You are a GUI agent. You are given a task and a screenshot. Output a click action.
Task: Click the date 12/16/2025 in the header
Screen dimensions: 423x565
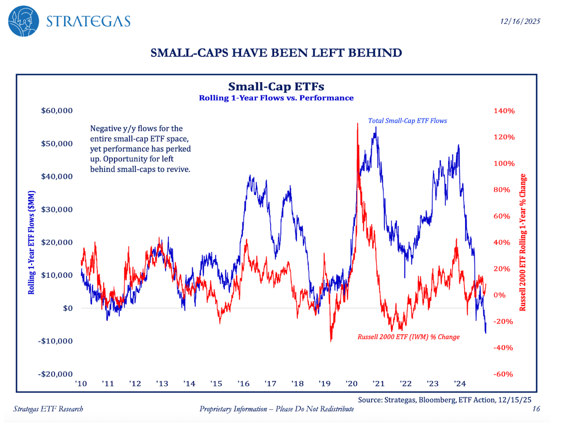[519, 21]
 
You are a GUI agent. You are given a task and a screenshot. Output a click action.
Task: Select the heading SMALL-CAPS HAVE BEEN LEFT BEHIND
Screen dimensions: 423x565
[276, 53]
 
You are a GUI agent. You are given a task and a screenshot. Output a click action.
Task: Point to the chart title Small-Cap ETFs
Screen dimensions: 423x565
[276, 87]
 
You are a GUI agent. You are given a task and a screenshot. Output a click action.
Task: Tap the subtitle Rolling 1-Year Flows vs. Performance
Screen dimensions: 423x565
[276, 98]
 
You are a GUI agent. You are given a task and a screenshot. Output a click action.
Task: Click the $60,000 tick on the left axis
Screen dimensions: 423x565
[56, 111]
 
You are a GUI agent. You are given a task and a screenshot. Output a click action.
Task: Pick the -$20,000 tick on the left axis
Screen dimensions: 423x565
[55, 374]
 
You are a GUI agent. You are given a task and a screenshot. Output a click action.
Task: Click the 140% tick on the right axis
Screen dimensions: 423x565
[504, 111]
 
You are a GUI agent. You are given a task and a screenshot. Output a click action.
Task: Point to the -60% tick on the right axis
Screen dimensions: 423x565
[504, 374]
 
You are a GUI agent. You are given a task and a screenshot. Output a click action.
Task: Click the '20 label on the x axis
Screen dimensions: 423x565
[351, 384]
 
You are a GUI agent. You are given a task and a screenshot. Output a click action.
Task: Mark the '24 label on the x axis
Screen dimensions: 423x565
[459, 384]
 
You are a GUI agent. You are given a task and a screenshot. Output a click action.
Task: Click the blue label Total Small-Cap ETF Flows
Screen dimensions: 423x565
[407, 120]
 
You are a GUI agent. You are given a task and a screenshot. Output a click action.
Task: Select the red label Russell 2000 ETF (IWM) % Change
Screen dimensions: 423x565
[408, 337]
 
